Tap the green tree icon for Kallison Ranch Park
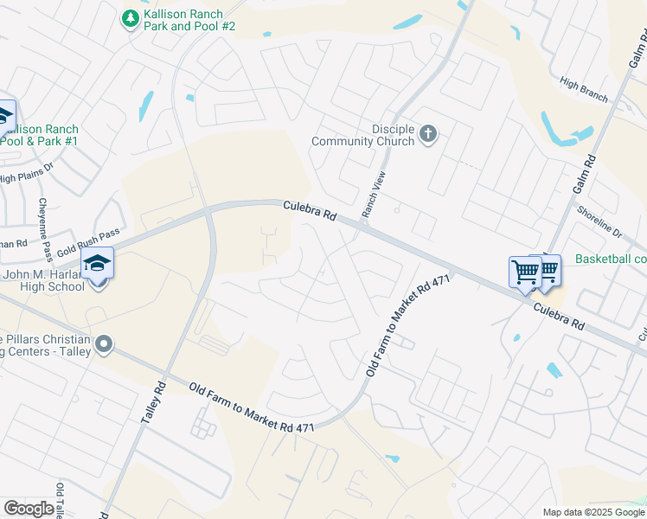(130, 18)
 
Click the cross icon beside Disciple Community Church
(427, 134)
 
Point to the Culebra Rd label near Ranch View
(309, 211)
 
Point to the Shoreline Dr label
(599, 221)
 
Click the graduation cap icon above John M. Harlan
(98, 262)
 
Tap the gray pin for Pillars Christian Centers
(104, 345)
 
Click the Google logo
(28, 509)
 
